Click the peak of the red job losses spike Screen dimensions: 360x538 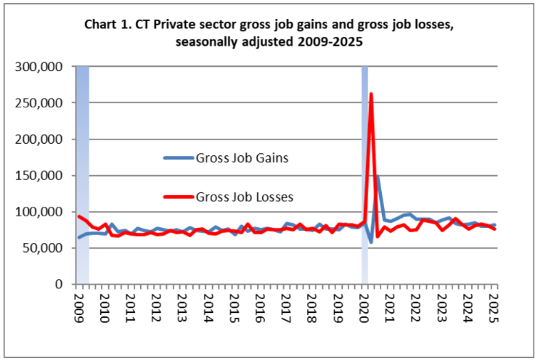371,94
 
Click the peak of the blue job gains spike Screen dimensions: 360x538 378,176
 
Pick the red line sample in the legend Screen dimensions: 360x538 177,196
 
